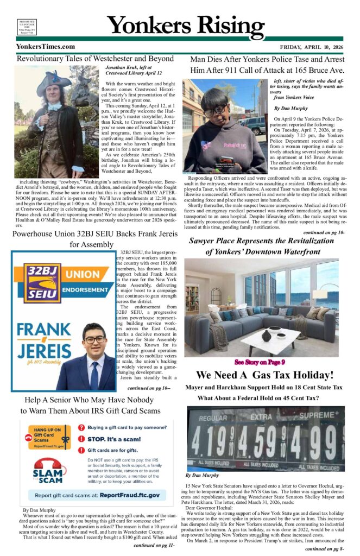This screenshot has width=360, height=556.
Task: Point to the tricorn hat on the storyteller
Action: [x=53, y=82]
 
